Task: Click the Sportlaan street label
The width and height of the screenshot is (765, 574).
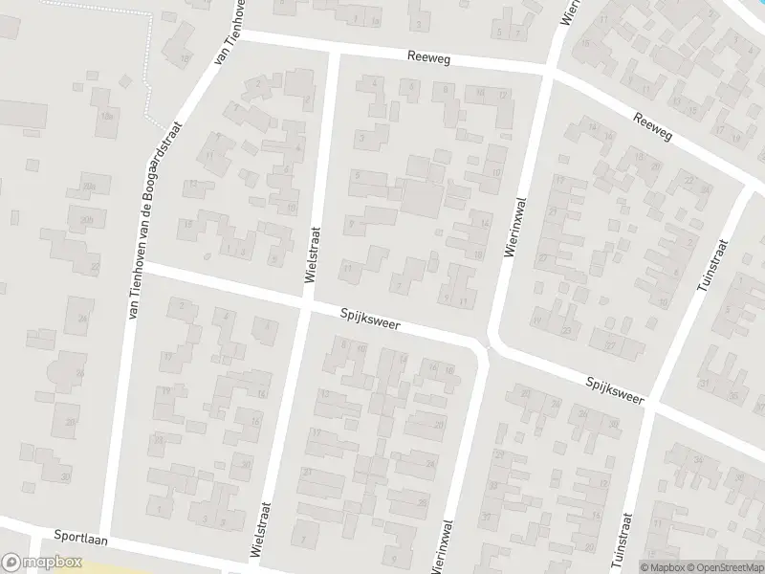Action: pyautogui.click(x=80, y=539)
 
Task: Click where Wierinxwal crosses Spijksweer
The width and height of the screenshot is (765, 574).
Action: pyautogui.click(x=488, y=346)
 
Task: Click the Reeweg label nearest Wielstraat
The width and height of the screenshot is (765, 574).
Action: pyautogui.click(x=427, y=59)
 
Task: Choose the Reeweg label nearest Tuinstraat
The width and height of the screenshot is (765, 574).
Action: pyautogui.click(x=653, y=125)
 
